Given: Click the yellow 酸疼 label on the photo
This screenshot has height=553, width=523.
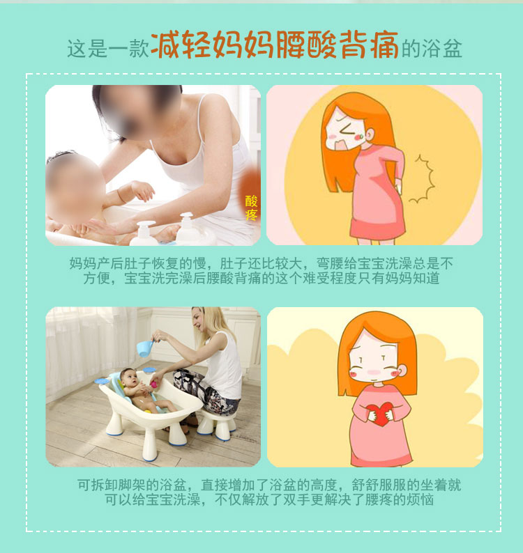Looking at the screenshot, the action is point(252,208).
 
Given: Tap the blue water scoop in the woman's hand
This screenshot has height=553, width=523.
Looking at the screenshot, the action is point(146,348).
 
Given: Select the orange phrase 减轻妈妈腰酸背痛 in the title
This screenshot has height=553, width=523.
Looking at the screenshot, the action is point(275,45).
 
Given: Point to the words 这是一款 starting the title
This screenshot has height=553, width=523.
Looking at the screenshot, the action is point(108,49).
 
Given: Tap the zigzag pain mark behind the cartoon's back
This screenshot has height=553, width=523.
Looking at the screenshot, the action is point(423,179).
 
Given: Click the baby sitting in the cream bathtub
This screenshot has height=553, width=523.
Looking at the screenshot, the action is point(142,391).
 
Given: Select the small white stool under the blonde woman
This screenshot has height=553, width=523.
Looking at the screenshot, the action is point(216,426).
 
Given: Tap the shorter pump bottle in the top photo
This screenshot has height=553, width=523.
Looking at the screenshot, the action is point(144,233).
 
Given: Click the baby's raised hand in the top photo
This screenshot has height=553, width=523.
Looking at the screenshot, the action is point(143,191).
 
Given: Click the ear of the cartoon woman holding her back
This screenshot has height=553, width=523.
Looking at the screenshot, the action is point(370,134).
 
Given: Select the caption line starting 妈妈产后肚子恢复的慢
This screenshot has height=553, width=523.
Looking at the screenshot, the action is point(261,263).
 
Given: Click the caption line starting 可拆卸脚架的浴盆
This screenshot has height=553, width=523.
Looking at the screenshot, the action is point(269,485).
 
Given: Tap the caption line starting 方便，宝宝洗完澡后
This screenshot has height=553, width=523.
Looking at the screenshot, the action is point(261,278).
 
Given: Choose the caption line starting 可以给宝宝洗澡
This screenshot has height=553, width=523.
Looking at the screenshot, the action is point(269,500).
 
